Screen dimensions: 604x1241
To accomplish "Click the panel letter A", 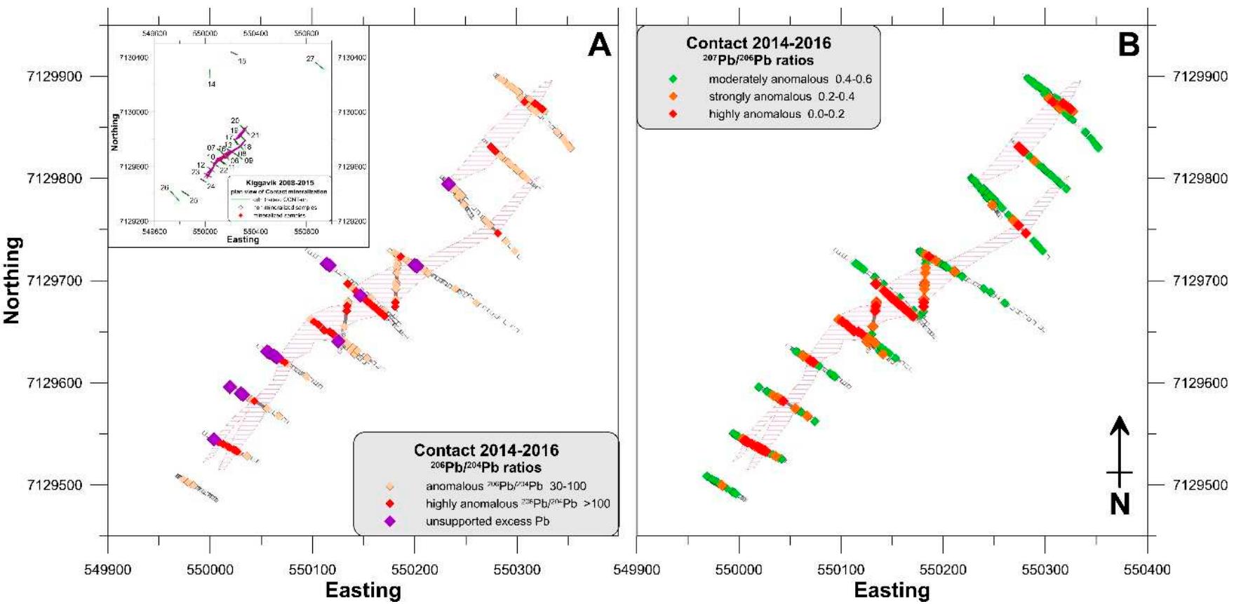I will tap(599, 45).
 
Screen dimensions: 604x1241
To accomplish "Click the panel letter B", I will tap(1128, 45).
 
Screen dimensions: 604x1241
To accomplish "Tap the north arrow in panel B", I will tap(1120, 449).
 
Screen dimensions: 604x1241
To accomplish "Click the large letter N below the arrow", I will tap(1120, 504).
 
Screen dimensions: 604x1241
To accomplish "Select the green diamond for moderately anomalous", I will tap(673, 79).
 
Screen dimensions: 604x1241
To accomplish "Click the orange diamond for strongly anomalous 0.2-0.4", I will tap(673, 97).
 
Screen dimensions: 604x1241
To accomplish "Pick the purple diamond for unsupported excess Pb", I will tap(390, 521).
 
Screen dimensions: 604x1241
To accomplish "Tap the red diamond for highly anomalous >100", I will tap(390, 504).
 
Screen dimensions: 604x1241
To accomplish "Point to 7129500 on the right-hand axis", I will tap(1200, 485).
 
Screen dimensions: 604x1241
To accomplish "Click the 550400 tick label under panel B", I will tap(1147, 570).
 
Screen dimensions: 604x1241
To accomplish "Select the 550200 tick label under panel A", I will tap(414, 570).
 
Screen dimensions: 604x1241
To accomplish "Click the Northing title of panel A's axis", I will tap(12, 281).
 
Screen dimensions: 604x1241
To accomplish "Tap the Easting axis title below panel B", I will tap(892, 591).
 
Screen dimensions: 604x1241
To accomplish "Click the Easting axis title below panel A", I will tap(363, 591).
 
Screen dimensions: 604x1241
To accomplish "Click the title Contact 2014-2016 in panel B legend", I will tap(758, 43).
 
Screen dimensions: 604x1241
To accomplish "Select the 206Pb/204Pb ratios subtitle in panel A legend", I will tap(485, 467).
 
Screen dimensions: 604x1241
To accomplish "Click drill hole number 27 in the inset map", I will tap(310, 59).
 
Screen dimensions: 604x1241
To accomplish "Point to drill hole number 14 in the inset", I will tap(211, 84).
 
